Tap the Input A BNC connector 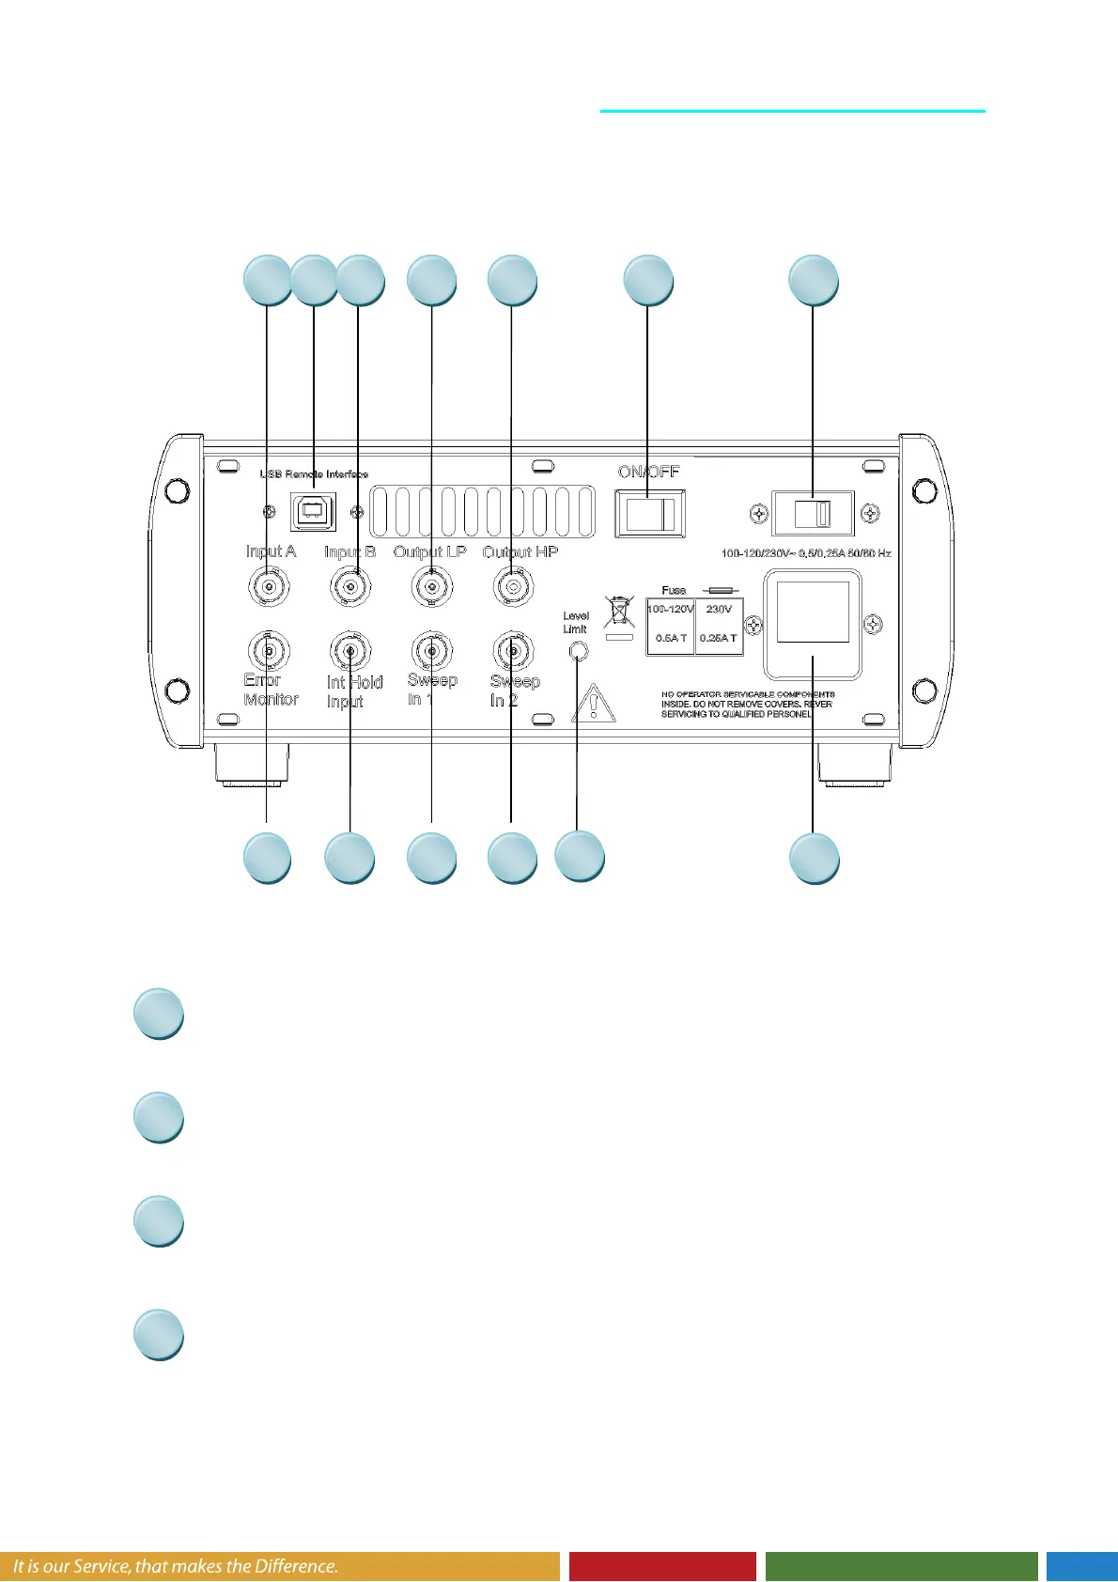(269, 588)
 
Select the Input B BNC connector (350, 588)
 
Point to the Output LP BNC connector (431, 588)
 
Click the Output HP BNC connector (513, 588)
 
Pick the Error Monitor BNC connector (269, 650)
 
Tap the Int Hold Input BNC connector (350, 650)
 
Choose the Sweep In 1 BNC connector (431, 650)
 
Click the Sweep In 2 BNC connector (513, 650)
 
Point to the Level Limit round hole (579, 651)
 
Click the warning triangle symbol (594, 704)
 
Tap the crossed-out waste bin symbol (619, 612)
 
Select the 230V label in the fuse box (719, 610)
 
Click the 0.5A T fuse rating (671, 638)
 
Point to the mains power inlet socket (813, 623)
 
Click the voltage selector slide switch (813, 514)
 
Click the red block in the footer (662, 1566)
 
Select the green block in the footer (901, 1566)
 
